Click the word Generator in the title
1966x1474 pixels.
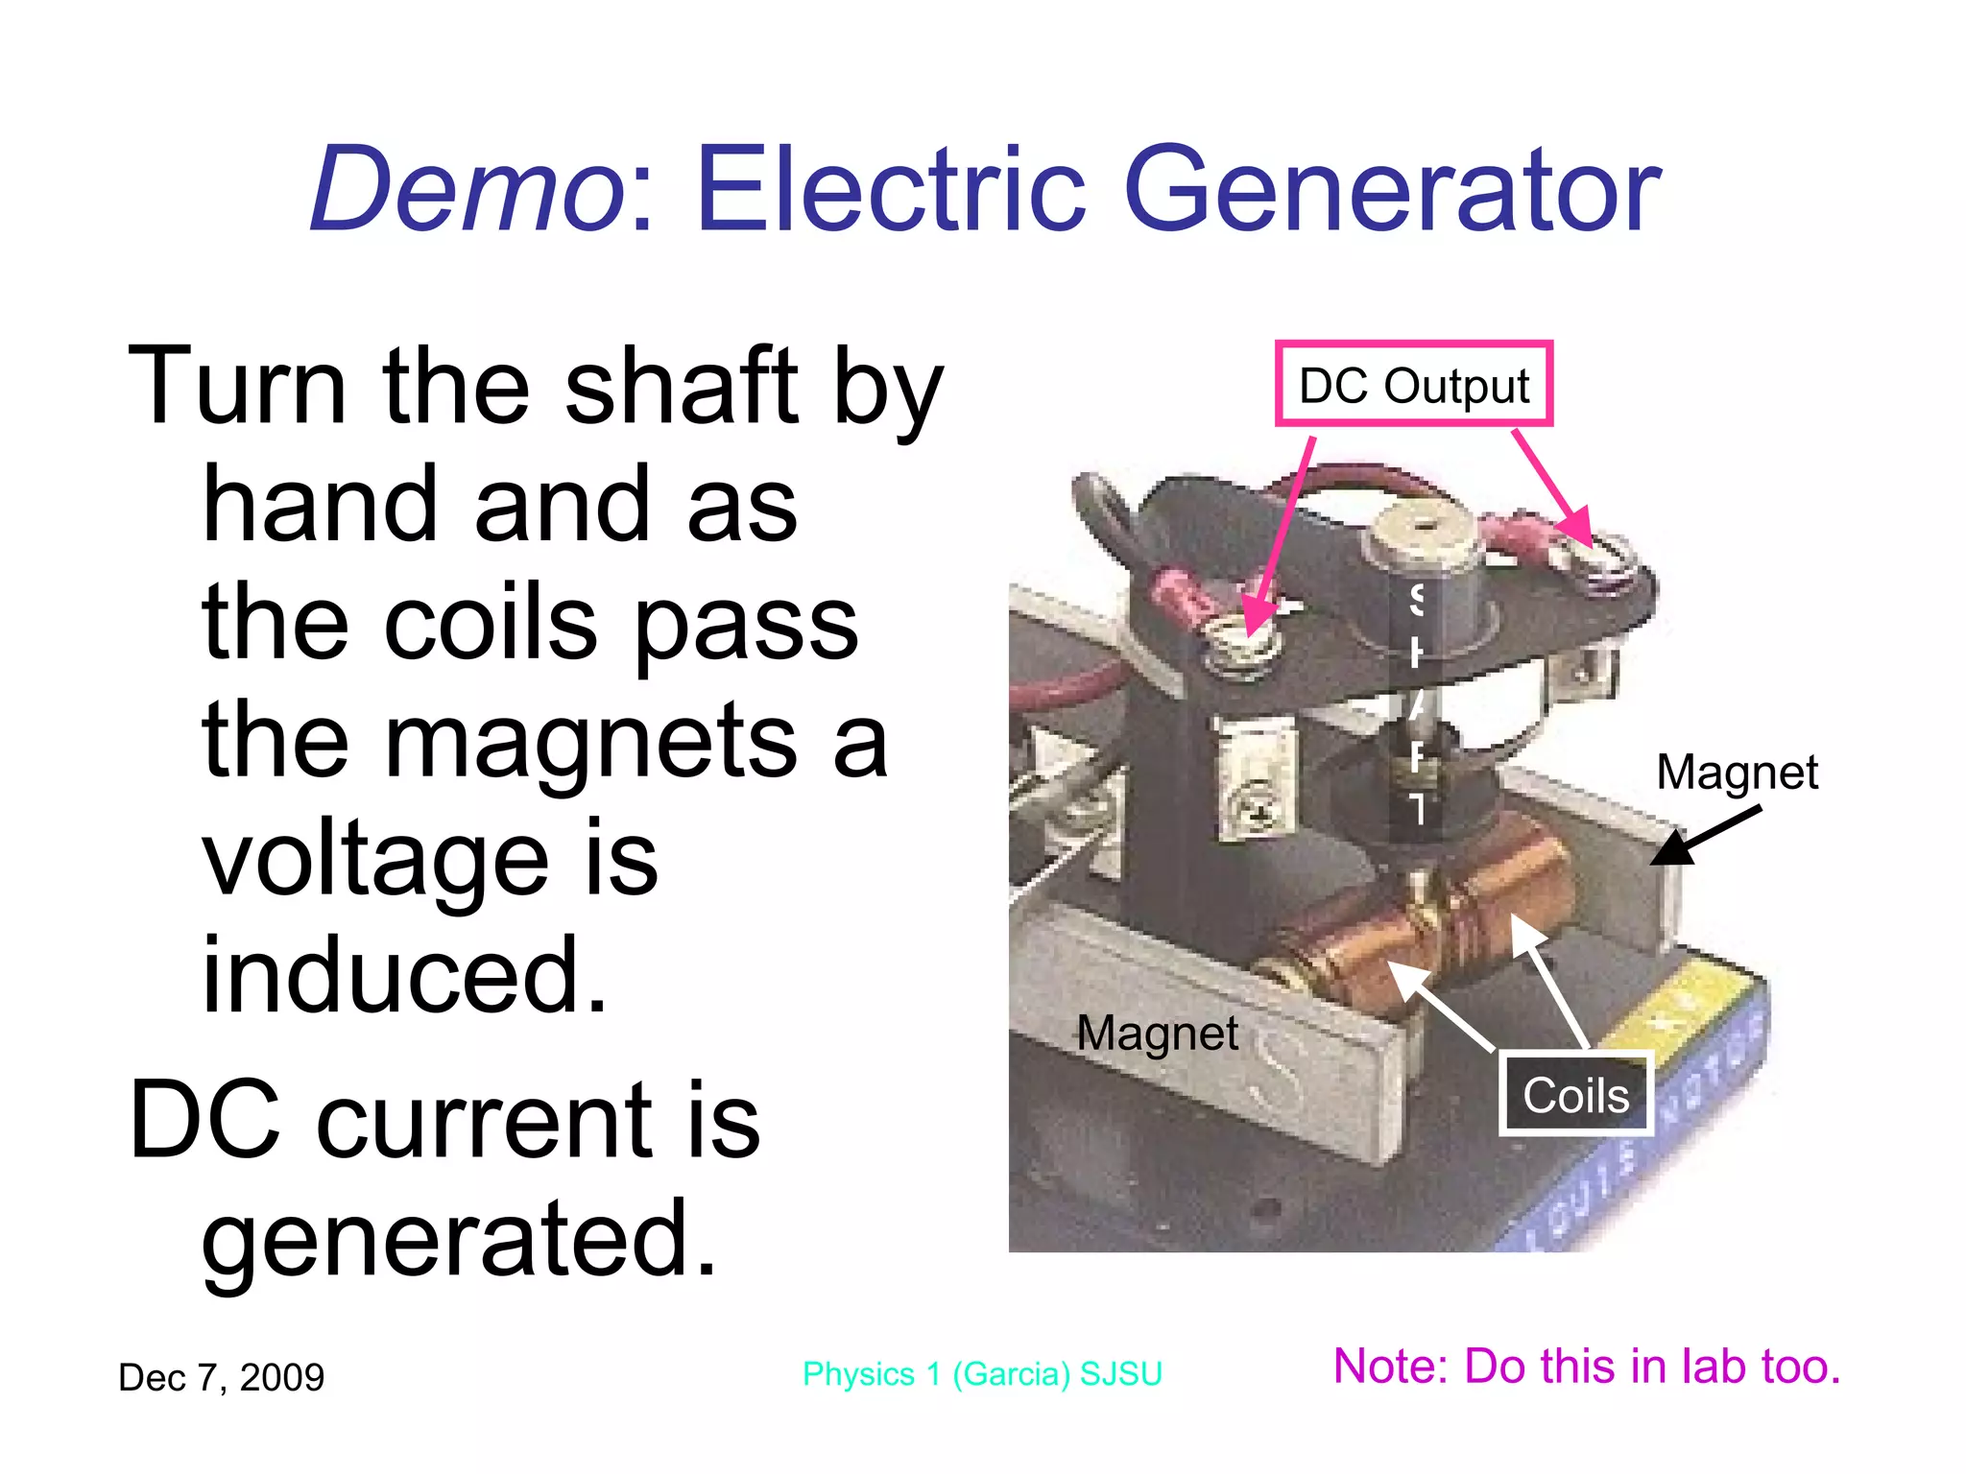(1391, 189)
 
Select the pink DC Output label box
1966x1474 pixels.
(1413, 384)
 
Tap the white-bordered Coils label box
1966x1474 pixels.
(1575, 1094)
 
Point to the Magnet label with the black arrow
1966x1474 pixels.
(1737, 773)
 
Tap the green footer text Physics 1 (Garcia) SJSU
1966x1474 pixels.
(982, 1374)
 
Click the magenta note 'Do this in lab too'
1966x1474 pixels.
(1587, 1367)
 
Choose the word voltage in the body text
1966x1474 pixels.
(375, 861)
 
